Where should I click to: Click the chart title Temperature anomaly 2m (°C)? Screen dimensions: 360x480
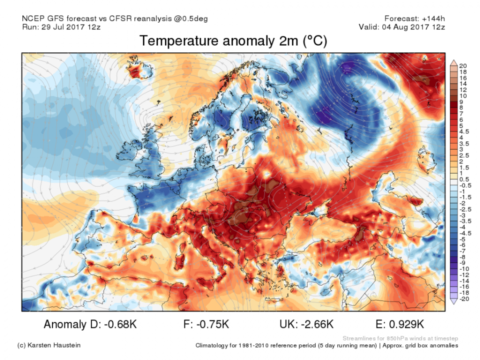(233, 41)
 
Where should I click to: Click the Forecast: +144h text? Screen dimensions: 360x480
(414, 18)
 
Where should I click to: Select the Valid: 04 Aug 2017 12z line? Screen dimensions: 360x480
(401, 26)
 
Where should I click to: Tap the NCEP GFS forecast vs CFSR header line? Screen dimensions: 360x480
(115, 18)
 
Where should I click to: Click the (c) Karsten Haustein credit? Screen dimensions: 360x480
(48, 345)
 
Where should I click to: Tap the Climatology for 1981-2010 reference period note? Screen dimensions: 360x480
(326, 345)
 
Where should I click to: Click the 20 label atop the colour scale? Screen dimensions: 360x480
(462, 66)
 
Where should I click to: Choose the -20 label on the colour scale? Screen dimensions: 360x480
(463, 299)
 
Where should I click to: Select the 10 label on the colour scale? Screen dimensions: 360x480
(462, 95)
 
